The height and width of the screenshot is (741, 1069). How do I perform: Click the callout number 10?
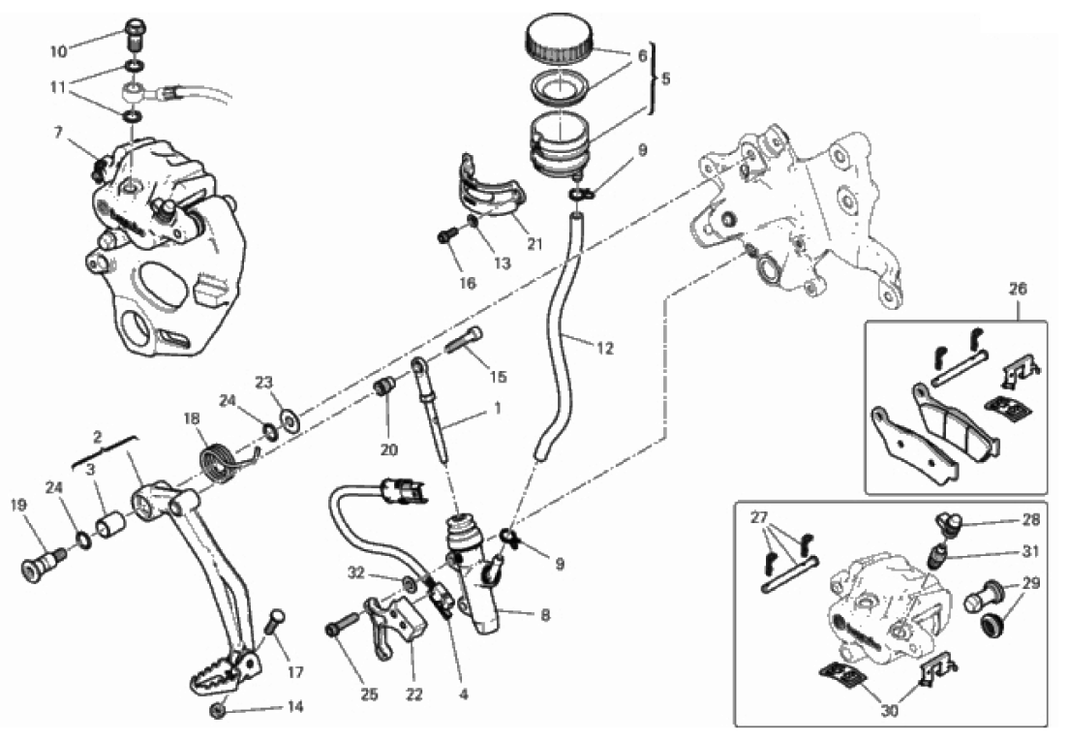[x=59, y=51]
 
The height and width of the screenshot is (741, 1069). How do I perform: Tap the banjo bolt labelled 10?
[x=135, y=35]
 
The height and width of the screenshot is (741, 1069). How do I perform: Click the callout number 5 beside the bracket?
[x=665, y=78]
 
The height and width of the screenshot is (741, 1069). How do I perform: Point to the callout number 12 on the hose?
[x=604, y=349]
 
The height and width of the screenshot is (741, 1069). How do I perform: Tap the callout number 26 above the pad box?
[x=1017, y=289]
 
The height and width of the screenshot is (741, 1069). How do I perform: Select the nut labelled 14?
[x=218, y=710]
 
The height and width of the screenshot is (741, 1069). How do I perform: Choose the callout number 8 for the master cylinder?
[x=545, y=616]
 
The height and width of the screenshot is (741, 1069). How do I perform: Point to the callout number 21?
[x=534, y=243]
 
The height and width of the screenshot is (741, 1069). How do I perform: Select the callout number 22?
[x=413, y=695]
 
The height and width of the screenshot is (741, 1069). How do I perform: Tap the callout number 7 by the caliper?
[x=59, y=132]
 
